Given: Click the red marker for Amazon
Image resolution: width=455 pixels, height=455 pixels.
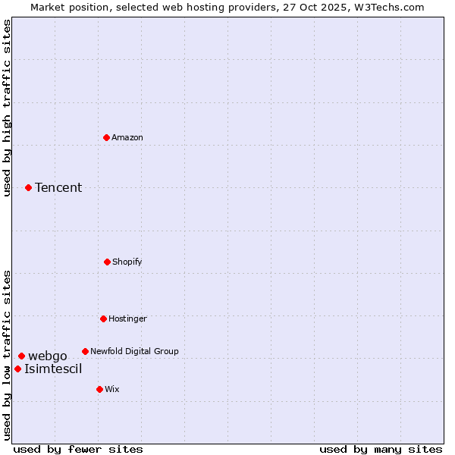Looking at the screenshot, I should (x=106, y=137).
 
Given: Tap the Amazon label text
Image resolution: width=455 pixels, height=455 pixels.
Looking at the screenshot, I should (x=127, y=137).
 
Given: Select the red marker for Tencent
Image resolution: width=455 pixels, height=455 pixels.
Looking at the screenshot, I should (x=28, y=187).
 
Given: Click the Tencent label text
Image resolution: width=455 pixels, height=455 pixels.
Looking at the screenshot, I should (x=58, y=187).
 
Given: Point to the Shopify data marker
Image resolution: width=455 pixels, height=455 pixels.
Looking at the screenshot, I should (x=107, y=262).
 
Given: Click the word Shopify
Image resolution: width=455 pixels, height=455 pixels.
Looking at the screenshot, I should (x=127, y=262).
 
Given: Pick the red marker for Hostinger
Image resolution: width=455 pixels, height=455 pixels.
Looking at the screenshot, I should (x=103, y=318).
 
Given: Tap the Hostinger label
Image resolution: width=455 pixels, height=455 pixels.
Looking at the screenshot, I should (x=127, y=318).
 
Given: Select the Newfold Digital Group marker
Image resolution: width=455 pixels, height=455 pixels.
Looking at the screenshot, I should (x=85, y=351).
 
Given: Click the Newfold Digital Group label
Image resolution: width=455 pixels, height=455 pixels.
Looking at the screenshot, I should (x=134, y=351).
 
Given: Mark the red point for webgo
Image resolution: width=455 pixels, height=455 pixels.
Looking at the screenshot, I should (x=21, y=356).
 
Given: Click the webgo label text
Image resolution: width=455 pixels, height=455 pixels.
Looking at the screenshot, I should (x=48, y=356).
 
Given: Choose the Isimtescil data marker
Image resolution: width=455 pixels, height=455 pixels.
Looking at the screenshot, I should (x=17, y=369).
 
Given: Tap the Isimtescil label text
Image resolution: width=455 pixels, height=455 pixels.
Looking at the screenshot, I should (x=53, y=369).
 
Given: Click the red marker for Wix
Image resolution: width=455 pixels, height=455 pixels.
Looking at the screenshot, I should (x=99, y=389).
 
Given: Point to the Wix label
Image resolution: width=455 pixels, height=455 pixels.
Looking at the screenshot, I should (x=112, y=389).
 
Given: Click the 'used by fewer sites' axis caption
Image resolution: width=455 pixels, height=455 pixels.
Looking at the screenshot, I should (x=78, y=449).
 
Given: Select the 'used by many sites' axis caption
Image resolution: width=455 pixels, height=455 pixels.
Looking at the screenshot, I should (x=381, y=449).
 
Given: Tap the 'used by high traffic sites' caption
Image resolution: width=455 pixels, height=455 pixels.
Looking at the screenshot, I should (x=8, y=108).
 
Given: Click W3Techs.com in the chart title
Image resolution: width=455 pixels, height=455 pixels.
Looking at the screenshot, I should (x=388, y=7).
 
